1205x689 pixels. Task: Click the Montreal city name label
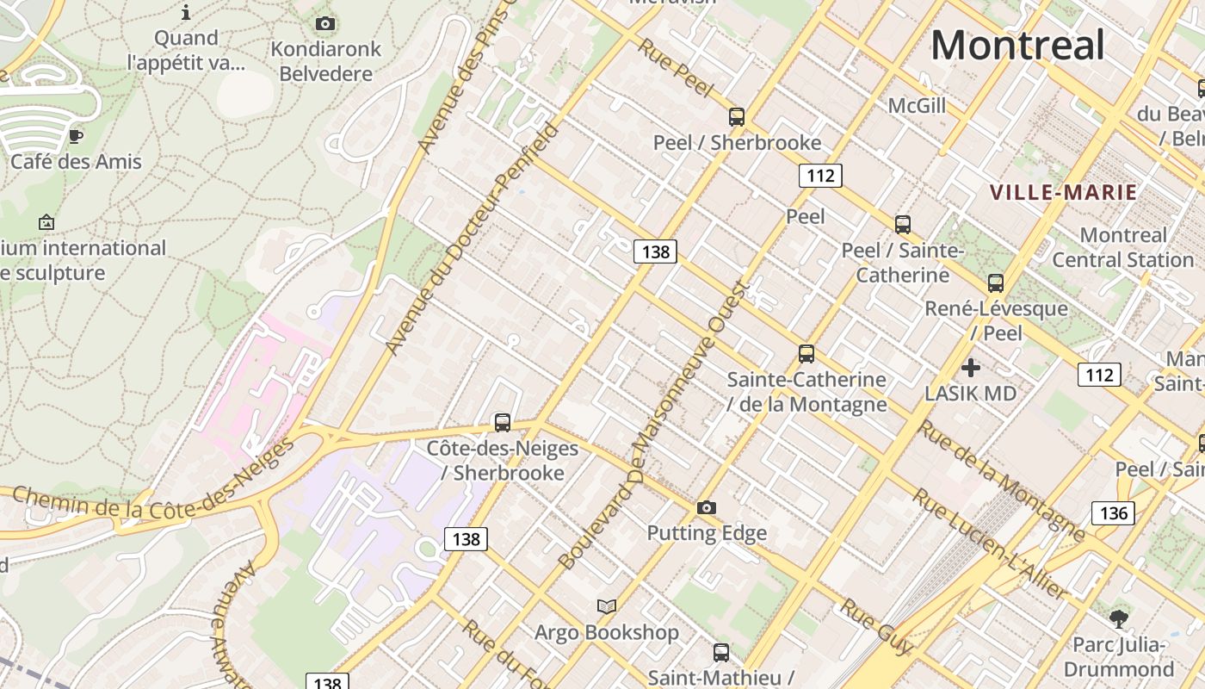tap(1017, 44)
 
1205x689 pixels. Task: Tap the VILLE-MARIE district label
tap(1064, 192)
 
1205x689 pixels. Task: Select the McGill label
tap(917, 105)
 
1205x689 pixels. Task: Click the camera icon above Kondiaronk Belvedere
tap(325, 23)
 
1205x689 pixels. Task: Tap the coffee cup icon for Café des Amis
tap(76, 135)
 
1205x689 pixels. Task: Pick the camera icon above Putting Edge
tap(707, 507)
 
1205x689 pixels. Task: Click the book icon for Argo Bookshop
tap(607, 606)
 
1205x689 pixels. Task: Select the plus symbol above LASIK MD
tap(971, 368)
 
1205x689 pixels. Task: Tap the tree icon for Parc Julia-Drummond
tap(1119, 618)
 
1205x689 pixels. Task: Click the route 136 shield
tap(1114, 513)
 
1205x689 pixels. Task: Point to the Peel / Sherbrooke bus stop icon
tap(737, 116)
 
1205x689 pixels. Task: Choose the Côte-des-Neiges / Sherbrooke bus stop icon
tap(503, 422)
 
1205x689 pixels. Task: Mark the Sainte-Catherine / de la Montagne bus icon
tap(806, 353)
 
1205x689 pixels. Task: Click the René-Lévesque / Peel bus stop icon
tap(996, 282)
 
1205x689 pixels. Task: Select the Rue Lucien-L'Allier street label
tap(990, 544)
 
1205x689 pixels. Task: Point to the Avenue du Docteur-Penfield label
tap(471, 239)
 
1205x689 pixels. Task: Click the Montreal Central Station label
tap(1123, 247)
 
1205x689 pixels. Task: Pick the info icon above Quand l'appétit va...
tap(186, 12)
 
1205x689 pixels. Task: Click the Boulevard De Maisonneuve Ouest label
tap(654, 426)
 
